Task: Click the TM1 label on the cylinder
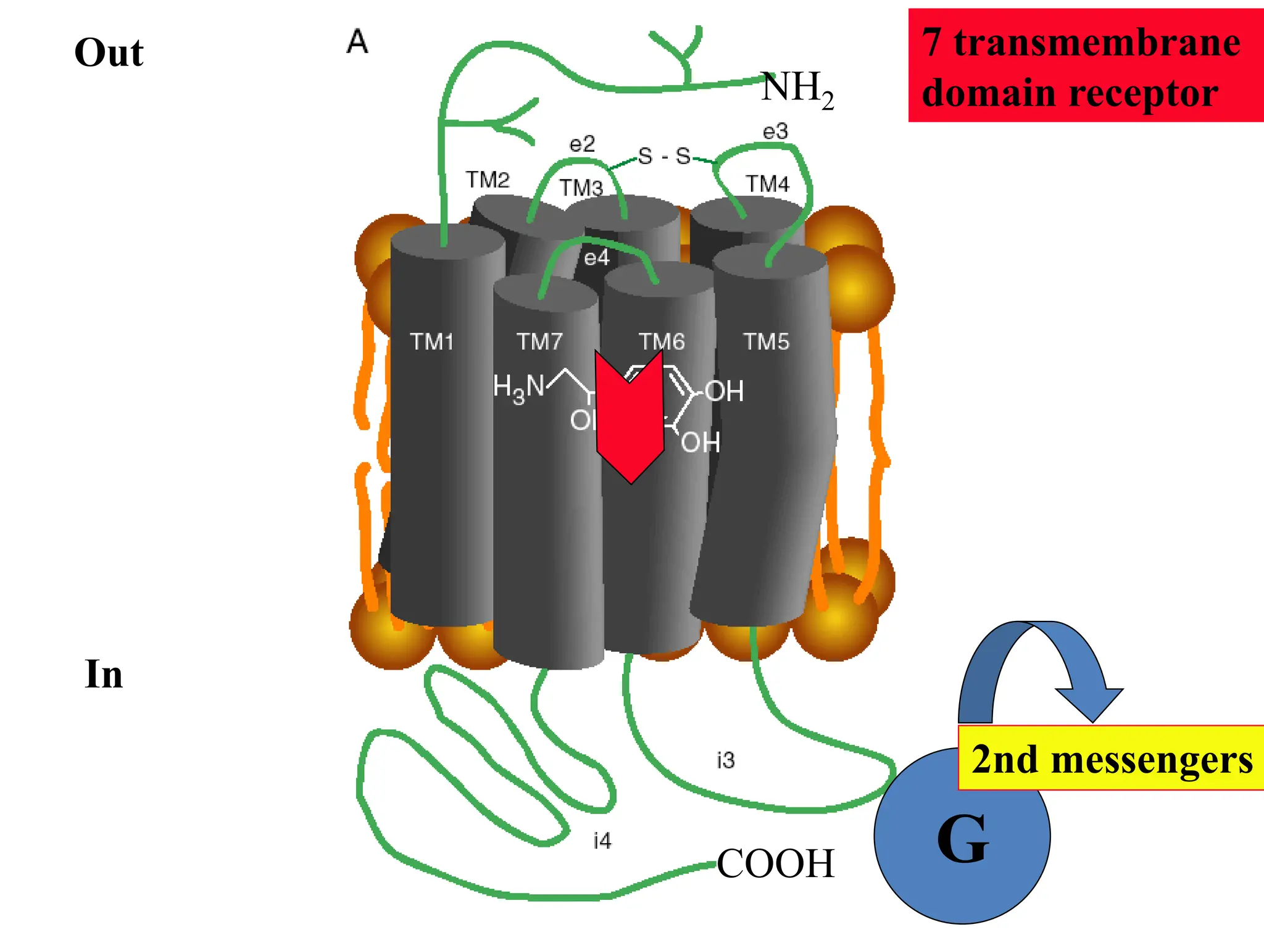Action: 431,341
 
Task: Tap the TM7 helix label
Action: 539,341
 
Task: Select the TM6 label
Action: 661,341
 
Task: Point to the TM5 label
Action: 766,341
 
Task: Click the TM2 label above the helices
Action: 488,180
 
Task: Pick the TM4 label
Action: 767,183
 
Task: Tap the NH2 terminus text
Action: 797,89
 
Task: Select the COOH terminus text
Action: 775,863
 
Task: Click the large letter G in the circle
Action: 962,839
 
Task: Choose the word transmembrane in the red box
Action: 1097,43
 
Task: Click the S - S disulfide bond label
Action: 664,156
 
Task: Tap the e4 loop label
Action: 596,258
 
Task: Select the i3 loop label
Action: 726,760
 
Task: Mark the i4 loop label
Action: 602,841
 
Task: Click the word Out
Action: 109,52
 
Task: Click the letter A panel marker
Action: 357,43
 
